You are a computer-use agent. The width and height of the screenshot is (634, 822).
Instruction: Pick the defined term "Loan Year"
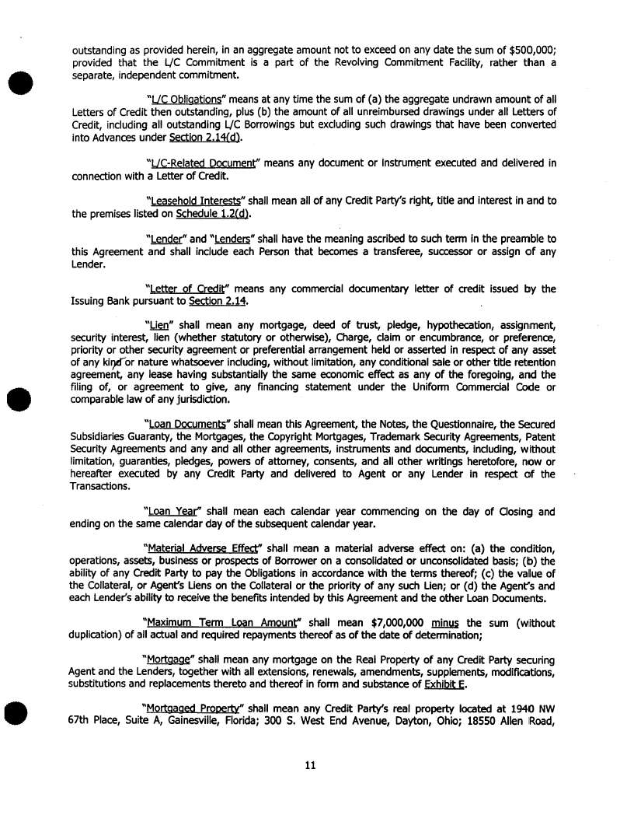pyautogui.click(x=173, y=511)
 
